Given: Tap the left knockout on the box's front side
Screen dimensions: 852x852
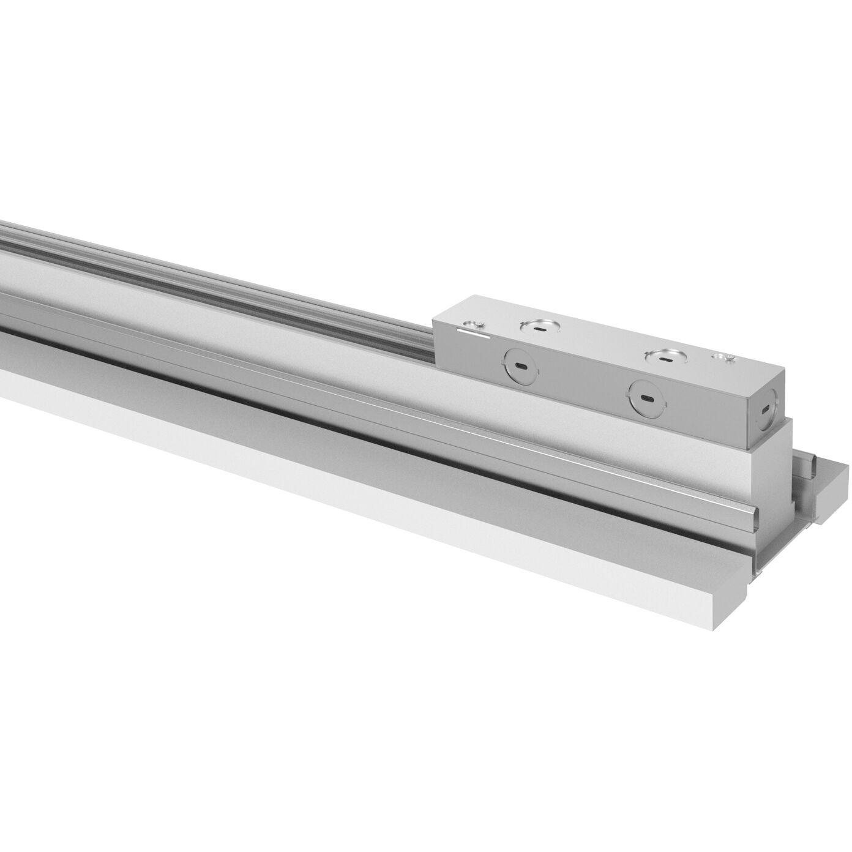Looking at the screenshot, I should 520,366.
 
